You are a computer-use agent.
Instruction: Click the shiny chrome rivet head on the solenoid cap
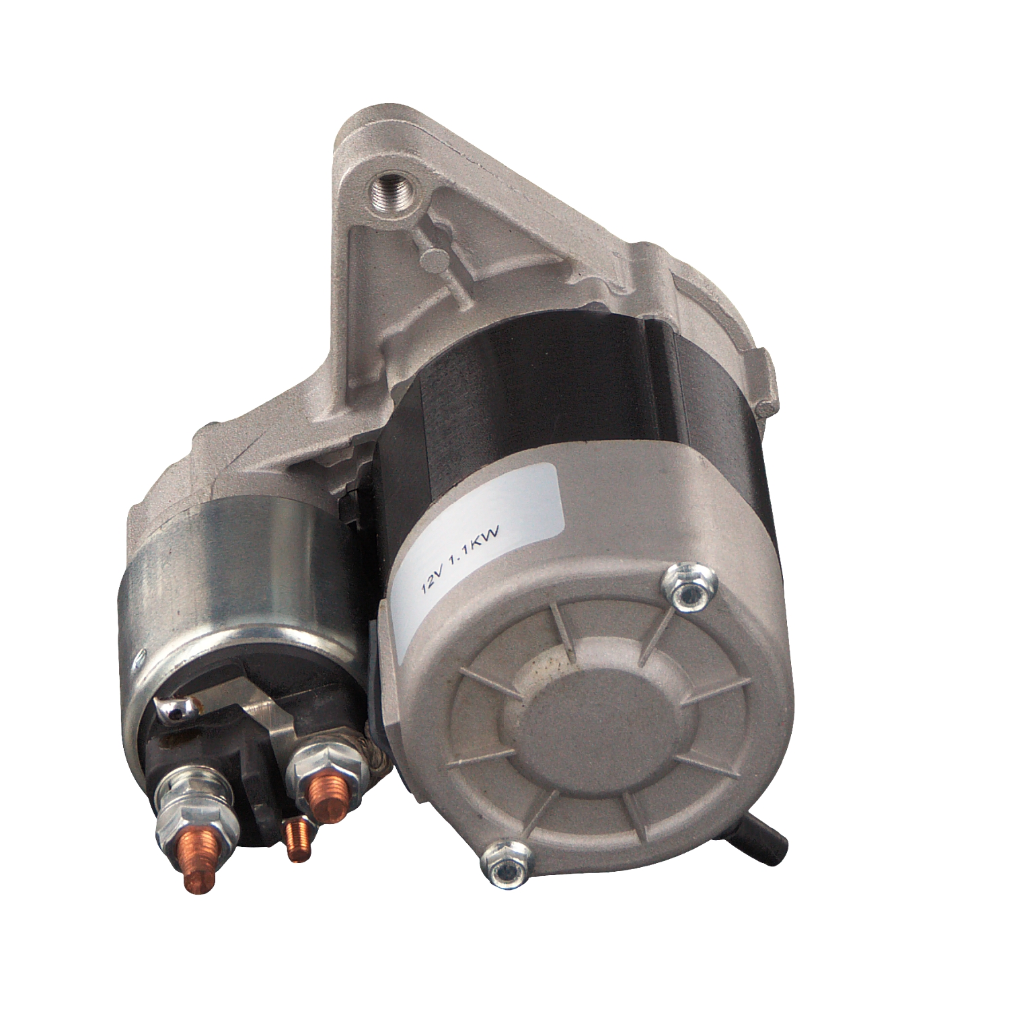[173, 708]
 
